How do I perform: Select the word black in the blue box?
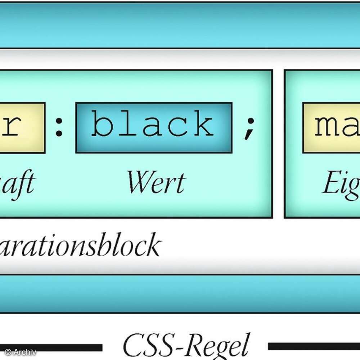click(153, 124)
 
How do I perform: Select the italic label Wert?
click(156, 183)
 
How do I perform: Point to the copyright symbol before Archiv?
click(8, 352)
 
